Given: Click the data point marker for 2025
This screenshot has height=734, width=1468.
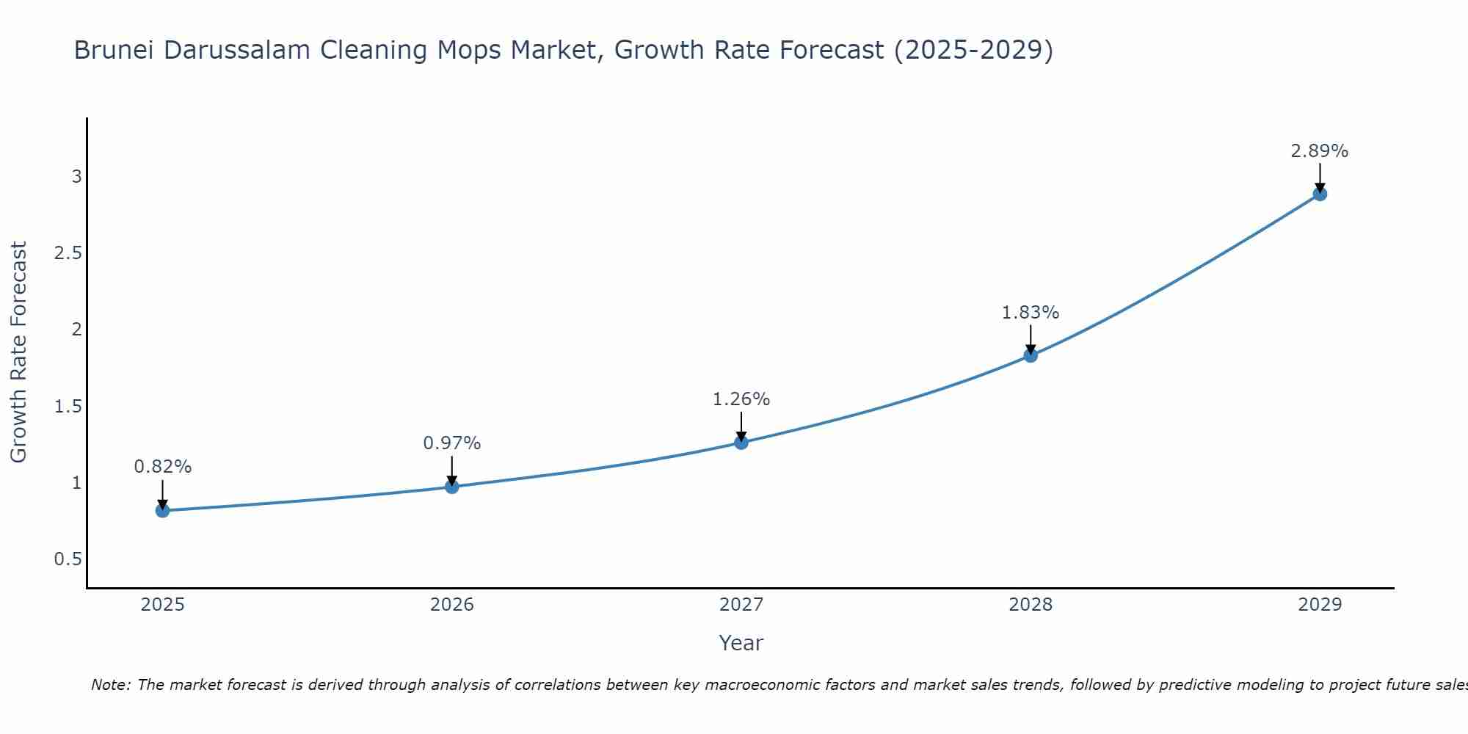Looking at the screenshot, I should (163, 510).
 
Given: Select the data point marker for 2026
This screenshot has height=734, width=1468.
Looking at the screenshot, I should (452, 487).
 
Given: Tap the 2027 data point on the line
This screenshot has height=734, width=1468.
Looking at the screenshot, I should (741, 442).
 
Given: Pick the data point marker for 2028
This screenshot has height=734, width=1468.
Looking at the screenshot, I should (1031, 355).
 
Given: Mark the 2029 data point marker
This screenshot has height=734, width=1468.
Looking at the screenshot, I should (1320, 194).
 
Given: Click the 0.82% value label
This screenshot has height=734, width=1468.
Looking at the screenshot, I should (163, 467).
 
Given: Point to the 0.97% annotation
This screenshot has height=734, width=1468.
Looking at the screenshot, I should (452, 443).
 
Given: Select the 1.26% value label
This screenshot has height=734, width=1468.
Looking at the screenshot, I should (741, 399).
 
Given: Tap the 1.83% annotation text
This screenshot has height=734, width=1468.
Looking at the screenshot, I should (1031, 313).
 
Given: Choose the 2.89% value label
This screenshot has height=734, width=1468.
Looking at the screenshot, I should (1320, 151).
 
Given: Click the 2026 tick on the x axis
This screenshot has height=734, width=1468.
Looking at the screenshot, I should (452, 605).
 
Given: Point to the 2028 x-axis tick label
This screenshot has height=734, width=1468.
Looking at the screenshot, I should (1031, 605).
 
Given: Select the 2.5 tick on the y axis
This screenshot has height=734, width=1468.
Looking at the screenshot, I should (68, 253).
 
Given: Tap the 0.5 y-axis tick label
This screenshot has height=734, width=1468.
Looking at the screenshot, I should (68, 559).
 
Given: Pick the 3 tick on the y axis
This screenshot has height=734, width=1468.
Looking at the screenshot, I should (76, 177).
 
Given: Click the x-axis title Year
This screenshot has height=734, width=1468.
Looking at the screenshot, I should (741, 643).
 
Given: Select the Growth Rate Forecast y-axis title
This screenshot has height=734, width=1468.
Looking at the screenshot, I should (19, 352).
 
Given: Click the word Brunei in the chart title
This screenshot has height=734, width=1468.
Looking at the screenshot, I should (115, 51).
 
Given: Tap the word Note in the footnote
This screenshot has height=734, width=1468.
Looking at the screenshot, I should (110, 685).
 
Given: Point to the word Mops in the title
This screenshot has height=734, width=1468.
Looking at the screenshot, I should (469, 51).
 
